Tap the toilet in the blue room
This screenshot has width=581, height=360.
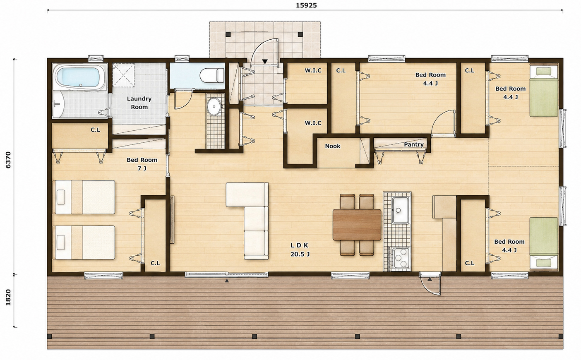click(x=212, y=75)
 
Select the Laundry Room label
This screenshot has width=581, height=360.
click(x=139, y=103)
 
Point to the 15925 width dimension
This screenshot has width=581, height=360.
click(x=306, y=5)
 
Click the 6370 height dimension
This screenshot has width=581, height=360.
click(x=8, y=160)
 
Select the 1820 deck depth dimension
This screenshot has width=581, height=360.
click(x=8, y=297)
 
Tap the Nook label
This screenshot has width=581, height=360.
click(x=333, y=146)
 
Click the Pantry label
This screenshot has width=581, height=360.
click(x=413, y=144)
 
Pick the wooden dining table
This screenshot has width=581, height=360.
click(x=357, y=225)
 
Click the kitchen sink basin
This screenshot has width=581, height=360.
click(x=400, y=210)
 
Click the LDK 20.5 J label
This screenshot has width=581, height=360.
click(x=300, y=250)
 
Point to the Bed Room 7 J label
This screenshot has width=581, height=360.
click(x=142, y=164)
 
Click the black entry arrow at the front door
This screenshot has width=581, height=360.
click(x=264, y=62)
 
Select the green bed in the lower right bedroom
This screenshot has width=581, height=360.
click(x=543, y=244)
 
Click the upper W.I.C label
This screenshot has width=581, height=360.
click(x=313, y=70)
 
